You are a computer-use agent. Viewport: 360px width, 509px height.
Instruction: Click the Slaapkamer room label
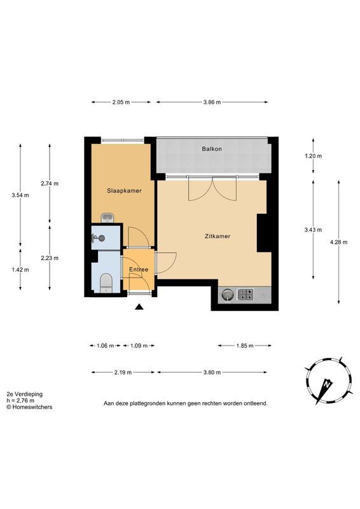click(124, 191)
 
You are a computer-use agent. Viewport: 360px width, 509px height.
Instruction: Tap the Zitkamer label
click(218, 236)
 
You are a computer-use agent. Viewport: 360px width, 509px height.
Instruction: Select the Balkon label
click(212, 149)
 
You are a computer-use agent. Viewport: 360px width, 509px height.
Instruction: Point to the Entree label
click(139, 269)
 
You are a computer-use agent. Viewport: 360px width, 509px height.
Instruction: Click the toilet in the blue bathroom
click(106, 283)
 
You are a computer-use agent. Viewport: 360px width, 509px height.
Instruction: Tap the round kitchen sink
click(228, 295)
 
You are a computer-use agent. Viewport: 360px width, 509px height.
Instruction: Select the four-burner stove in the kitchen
click(246, 295)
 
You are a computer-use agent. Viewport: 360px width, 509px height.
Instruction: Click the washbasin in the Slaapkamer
click(107, 218)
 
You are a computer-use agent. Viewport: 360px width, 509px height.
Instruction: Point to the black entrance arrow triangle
click(139, 307)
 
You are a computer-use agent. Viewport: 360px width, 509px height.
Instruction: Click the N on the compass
click(327, 384)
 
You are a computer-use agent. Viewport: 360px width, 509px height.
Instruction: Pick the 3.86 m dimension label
click(212, 102)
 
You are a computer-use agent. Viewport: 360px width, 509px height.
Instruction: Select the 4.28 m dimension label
click(338, 242)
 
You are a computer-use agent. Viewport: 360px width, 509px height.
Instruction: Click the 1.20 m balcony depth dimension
click(314, 156)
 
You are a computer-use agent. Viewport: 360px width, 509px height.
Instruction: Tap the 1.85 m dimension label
click(245, 345)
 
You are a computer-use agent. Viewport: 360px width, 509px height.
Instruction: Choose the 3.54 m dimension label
click(20, 195)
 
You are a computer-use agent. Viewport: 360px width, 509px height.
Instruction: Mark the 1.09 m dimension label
click(139, 345)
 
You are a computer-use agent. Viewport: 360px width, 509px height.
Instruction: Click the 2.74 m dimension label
click(50, 183)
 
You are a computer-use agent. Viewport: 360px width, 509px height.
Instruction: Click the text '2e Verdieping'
click(25, 394)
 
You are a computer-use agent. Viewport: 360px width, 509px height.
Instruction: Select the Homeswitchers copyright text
click(29, 407)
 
